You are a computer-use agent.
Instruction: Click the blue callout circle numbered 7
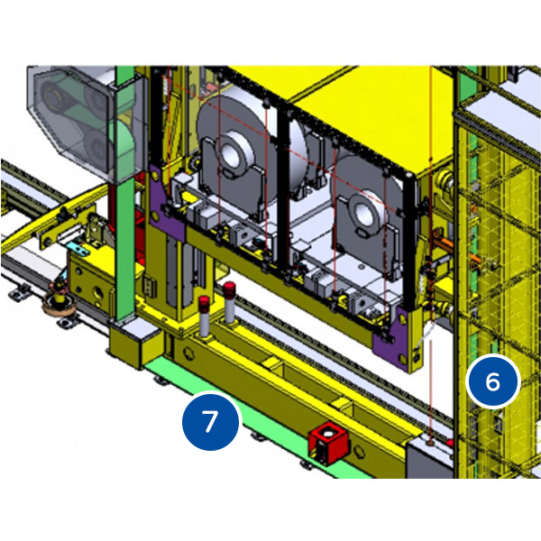(210, 421)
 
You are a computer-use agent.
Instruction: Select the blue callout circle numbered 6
(492, 381)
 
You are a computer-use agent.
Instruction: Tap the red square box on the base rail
(327, 443)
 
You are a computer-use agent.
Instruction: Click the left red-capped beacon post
(204, 316)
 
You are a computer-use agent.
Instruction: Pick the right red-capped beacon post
(229, 302)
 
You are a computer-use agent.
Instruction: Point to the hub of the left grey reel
(234, 152)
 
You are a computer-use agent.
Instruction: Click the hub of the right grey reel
(363, 211)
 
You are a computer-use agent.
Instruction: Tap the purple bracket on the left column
(167, 204)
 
